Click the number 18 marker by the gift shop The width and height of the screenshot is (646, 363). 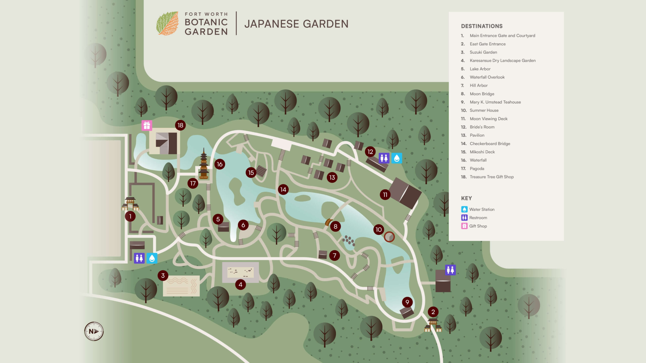[180, 125]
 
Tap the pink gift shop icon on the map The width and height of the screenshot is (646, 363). [147, 125]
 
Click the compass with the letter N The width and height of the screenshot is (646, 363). [94, 331]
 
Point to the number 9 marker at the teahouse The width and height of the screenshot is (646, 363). [407, 302]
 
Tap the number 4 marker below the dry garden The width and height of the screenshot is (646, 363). [240, 285]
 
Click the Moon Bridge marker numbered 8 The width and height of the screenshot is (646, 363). [335, 226]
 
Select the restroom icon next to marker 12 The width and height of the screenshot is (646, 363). [384, 158]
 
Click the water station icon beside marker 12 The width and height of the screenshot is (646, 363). [396, 158]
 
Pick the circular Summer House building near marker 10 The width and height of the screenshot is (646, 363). [389, 237]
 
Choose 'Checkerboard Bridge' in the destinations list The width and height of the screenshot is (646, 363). [490, 144]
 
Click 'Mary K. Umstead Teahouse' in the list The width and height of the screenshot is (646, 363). [495, 102]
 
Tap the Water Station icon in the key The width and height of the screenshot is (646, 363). [464, 209]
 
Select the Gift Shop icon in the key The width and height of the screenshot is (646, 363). [464, 226]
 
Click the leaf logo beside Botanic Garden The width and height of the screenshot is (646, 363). [168, 23]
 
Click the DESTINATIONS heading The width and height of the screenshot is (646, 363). [482, 26]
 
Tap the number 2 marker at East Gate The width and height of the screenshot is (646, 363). [433, 312]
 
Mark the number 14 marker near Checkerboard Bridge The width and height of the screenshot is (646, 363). [283, 190]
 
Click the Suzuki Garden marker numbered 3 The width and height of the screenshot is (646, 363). [163, 276]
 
